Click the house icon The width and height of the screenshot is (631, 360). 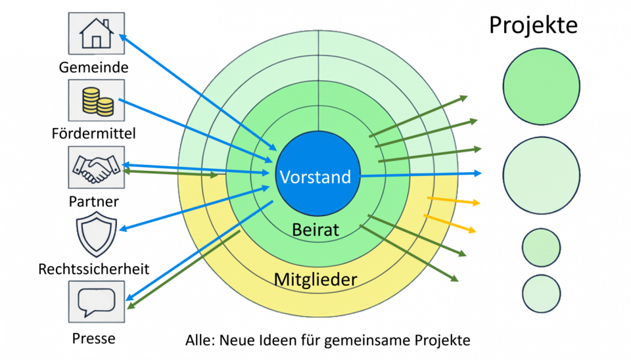click(x=96, y=34)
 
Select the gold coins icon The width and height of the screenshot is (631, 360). click(x=96, y=101)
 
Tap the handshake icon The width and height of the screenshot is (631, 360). click(x=96, y=168)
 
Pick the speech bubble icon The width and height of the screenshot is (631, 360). click(x=96, y=302)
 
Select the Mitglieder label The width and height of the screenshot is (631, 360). click(x=315, y=279)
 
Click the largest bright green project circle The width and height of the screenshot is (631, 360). click(x=541, y=85)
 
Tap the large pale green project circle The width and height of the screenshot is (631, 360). click(x=541, y=175)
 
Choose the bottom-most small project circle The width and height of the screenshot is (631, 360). click(x=542, y=293)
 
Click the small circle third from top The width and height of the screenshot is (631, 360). click(x=542, y=247)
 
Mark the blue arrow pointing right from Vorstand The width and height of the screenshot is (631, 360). click(x=421, y=175)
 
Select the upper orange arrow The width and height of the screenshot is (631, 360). click(x=454, y=201)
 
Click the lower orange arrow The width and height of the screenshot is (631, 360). click(x=451, y=223)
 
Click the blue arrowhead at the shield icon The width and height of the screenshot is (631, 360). click(x=122, y=229)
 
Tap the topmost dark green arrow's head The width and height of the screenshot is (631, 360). click(x=463, y=98)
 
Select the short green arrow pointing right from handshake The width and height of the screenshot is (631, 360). click(x=171, y=173)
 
